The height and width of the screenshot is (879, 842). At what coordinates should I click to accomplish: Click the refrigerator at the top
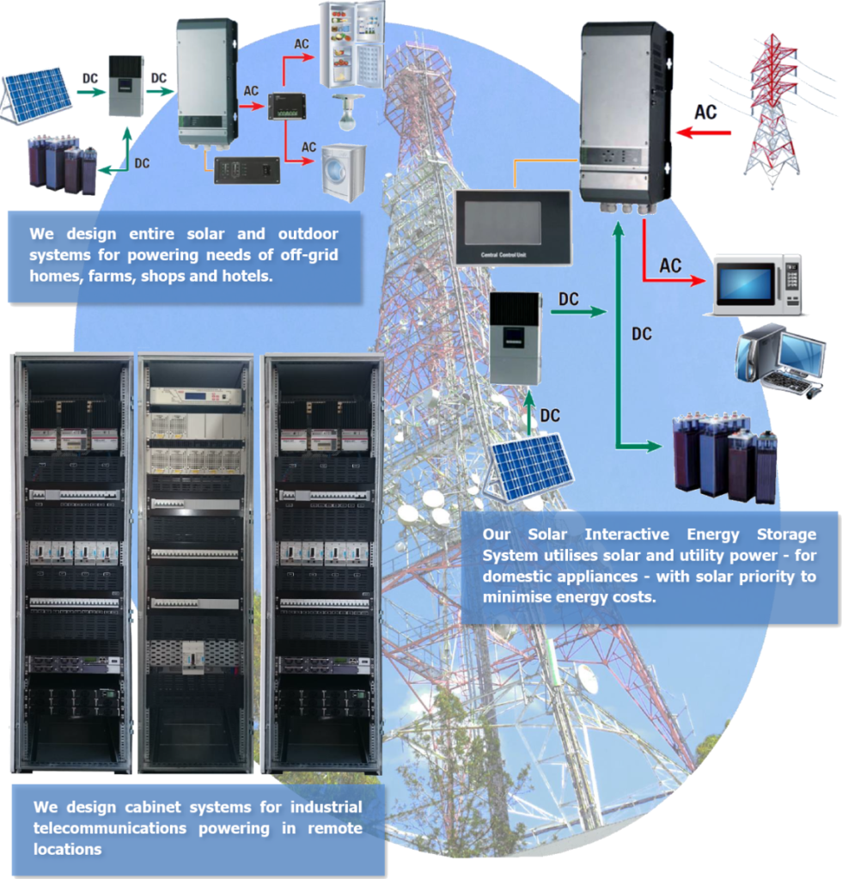(x=351, y=45)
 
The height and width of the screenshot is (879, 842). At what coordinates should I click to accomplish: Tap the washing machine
(x=343, y=172)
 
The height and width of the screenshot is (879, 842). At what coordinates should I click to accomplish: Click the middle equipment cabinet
(x=195, y=563)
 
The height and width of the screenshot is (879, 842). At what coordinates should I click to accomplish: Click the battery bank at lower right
(x=725, y=455)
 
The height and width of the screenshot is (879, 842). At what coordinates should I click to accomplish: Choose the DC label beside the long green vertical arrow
(x=641, y=334)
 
